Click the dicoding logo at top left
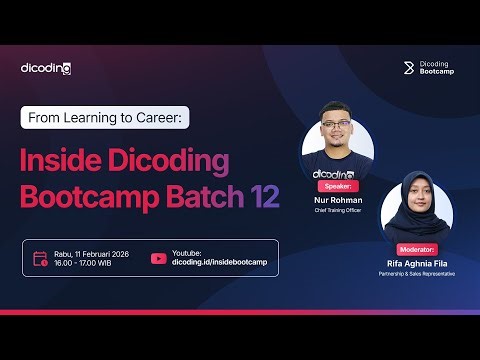[x=46, y=68]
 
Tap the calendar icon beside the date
[x=40, y=258]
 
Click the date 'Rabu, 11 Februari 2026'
[x=93, y=253]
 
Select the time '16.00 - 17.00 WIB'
[x=84, y=263]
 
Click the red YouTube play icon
[x=158, y=258]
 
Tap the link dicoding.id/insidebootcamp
[x=220, y=263]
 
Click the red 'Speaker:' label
[x=338, y=185]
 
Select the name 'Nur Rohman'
[x=337, y=199]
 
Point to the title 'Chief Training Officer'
[x=337, y=209]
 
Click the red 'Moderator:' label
[x=418, y=248]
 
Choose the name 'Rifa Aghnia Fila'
[x=417, y=263]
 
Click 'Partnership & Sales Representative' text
[x=417, y=273]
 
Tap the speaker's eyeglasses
[x=338, y=134]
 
